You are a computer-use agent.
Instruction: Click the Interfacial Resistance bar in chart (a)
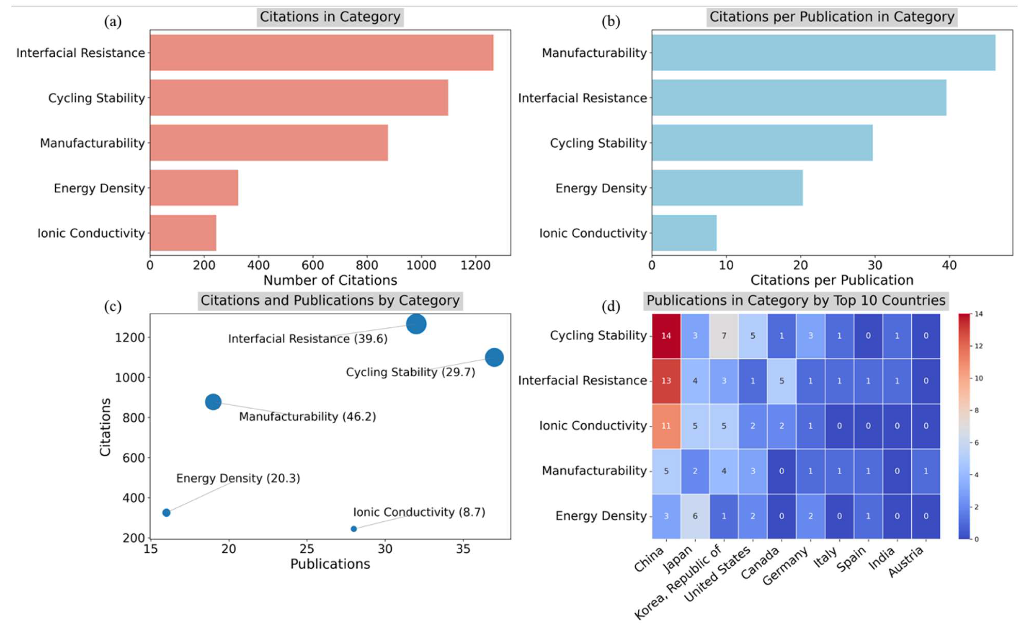pyautogui.click(x=321, y=53)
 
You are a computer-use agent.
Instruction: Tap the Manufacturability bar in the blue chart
pyautogui.click(x=823, y=53)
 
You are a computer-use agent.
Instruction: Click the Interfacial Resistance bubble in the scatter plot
pyautogui.click(x=416, y=324)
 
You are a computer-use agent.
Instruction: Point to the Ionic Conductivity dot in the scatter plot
pyautogui.click(x=354, y=529)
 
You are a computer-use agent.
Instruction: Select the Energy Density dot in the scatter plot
pyautogui.click(x=166, y=513)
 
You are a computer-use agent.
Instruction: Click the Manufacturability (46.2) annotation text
pyautogui.click(x=307, y=417)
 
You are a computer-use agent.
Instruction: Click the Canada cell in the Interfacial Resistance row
pyautogui.click(x=782, y=381)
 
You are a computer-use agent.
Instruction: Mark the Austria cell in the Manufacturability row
pyautogui.click(x=926, y=471)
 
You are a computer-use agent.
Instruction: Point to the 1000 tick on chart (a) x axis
pyautogui.click(x=421, y=265)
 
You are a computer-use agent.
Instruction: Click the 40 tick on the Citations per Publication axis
pyautogui.click(x=949, y=265)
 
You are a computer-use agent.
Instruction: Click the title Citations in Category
pyautogui.click(x=330, y=17)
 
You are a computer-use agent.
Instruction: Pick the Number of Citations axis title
pyautogui.click(x=330, y=280)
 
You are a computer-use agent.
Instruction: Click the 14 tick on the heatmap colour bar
pyautogui.click(x=978, y=314)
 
